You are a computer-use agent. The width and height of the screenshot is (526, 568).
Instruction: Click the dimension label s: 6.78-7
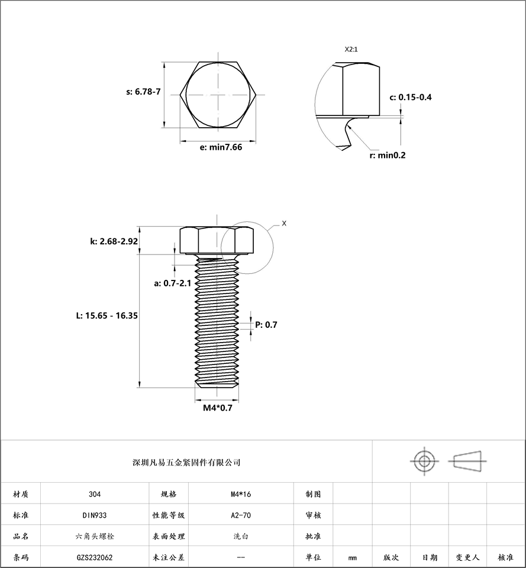(x=143, y=92)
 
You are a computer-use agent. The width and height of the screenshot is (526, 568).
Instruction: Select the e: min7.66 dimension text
(x=221, y=147)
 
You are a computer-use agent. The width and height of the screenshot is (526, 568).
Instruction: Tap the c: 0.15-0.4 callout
(x=411, y=97)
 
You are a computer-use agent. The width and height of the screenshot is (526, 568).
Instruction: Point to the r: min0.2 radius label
(x=388, y=156)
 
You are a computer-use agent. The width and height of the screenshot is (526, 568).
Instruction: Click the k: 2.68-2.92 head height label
(x=114, y=241)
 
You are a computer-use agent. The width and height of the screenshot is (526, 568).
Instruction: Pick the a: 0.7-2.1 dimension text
(x=172, y=283)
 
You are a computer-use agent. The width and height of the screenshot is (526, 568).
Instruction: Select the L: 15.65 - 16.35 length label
(x=107, y=315)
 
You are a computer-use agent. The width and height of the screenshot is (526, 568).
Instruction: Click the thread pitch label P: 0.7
(x=266, y=325)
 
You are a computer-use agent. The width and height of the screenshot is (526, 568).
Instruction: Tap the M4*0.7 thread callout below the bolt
(x=217, y=408)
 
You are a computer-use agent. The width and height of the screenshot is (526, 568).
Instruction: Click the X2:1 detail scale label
(x=351, y=49)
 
